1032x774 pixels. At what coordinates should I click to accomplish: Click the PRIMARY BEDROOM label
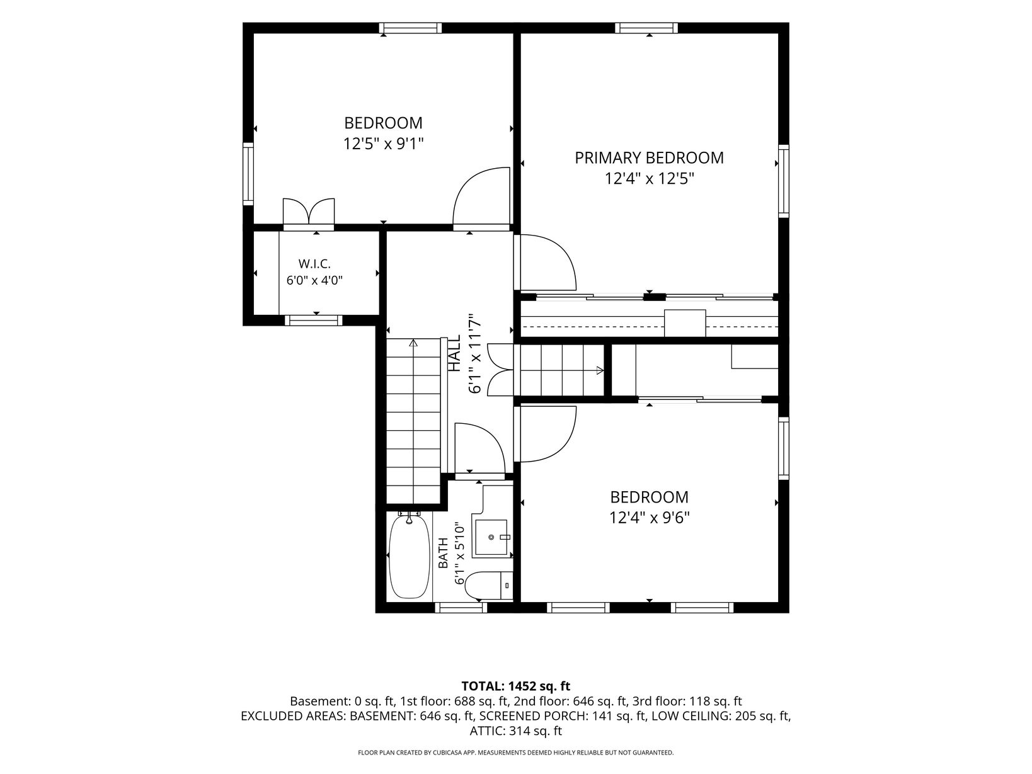point(649,158)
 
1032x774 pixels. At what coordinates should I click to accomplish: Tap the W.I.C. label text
point(314,264)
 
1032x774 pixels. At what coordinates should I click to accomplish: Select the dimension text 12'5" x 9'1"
point(383,144)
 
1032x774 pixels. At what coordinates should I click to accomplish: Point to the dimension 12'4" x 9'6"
point(649,518)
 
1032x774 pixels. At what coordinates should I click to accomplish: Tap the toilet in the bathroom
point(489,586)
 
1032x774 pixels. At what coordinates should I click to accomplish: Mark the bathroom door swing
point(480,449)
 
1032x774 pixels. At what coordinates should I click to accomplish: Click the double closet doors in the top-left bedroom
point(309,212)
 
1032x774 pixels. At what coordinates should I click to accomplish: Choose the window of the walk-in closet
point(314,321)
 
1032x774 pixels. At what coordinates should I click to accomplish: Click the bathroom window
point(461,608)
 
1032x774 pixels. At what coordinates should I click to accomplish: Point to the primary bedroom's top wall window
point(646,28)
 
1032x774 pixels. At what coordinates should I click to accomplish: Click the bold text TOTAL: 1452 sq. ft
point(516,686)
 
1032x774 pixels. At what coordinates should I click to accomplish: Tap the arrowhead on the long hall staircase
point(413,343)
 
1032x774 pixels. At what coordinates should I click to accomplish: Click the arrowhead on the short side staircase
point(600,370)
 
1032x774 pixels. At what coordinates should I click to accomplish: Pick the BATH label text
point(443,553)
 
